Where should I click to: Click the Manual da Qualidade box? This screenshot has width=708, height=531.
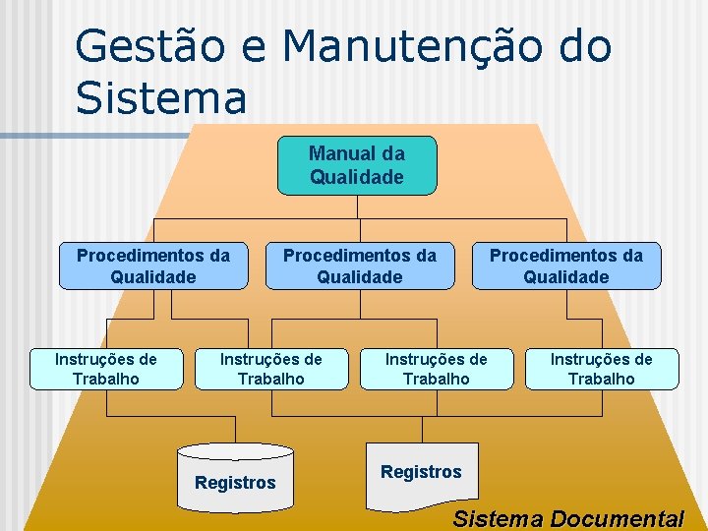pyautogui.click(x=357, y=165)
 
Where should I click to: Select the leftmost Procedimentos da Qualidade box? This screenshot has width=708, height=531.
pyautogui.click(x=153, y=265)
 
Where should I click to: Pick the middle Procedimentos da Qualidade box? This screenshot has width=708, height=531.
pyautogui.click(x=360, y=265)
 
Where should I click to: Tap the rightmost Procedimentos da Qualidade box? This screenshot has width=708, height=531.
pyautogui.click(x=566, y=265)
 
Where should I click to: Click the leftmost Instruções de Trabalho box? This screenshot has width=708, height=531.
pyautogui.click(x=106, y=368)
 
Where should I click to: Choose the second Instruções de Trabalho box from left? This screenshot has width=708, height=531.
pyautogui.click(x=271, y=368)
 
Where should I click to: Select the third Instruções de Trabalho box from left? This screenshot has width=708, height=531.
pyautogui.click(x=437, y=368)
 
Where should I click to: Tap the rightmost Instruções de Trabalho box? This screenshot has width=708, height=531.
pyautogui.click(x=602, y=368)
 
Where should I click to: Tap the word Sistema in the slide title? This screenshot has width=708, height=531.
pyautogui.click(x=160, y=97)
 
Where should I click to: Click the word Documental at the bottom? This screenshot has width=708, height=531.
pyautogui.click(x=618, y=518)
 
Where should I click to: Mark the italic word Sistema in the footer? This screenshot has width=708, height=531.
pyautogui.click(x=499, y=518)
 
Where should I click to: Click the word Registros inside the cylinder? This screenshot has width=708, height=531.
pyautogui.click(x=235, y=483)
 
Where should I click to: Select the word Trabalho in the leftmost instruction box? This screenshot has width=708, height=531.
pyautogui.click(x=106, y=379)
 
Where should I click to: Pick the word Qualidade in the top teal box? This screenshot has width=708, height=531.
pyautogui.click(x=357, y=177)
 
